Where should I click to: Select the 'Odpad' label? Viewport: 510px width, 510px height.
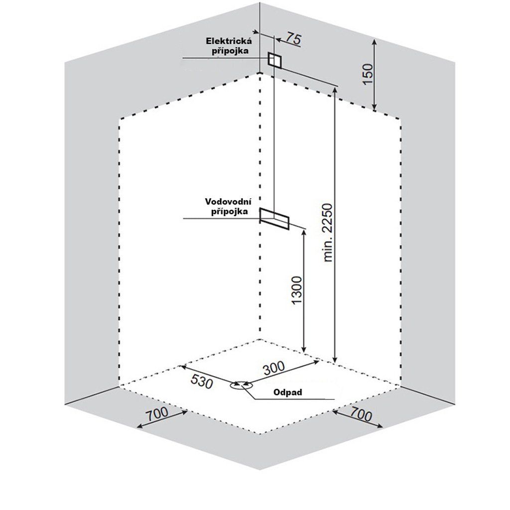(288, 392)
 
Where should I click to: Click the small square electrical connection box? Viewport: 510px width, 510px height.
(275, 60)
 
